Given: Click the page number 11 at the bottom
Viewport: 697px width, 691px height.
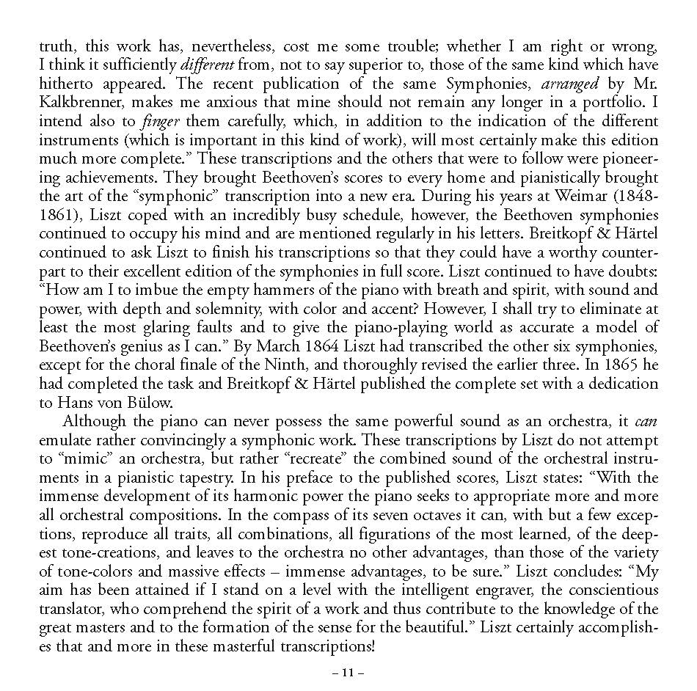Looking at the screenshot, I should click(x=348, y=672).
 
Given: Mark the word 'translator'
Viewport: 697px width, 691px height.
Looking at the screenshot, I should click(x=70, y=610).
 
